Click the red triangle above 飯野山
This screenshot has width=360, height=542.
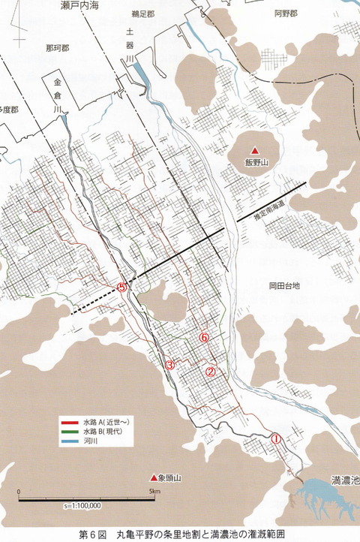point(255,148)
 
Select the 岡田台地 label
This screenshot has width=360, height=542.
point(284,286)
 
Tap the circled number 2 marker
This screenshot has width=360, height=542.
point(211,371)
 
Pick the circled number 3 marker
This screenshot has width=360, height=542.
point(170,365)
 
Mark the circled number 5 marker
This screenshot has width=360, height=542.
point(124,286)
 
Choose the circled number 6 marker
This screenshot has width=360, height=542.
point(204,338)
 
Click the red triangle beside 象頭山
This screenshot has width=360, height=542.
point(154,477)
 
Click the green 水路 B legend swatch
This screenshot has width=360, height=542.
point(70,432)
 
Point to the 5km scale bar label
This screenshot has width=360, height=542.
point(153,492)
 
